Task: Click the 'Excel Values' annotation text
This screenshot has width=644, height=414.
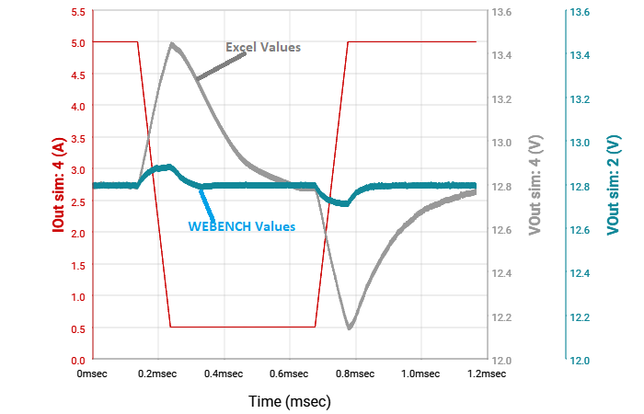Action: click(x=263, y=47)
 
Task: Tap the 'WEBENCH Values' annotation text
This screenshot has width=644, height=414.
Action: click(x=242, y=226)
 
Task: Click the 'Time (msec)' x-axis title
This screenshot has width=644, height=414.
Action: click(x=289, y=402)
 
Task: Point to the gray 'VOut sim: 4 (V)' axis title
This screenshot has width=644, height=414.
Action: click(x=535, y=185)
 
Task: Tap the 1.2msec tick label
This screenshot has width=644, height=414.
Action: click(x=487, y=374)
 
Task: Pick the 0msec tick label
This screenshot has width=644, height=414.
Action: click(x=94, y=374)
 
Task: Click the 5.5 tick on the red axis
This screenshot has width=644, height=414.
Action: click(x=77, y=12)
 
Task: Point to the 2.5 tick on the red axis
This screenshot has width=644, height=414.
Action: click(x=77, y=201)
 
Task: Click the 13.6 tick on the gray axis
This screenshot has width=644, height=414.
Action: click(x=502, y=12)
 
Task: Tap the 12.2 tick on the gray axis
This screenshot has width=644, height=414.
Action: click(x=502, y=316)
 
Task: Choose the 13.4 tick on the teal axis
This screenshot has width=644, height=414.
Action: click(x=580, y=56)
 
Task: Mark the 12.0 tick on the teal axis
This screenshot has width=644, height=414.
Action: click(x=580, y=360)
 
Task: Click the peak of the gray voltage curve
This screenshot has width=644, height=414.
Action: click(x=172, y=43)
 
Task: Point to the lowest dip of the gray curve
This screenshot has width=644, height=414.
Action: click(x=349, y=327)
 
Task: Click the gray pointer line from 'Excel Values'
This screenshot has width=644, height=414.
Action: click(x=222, y=66)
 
